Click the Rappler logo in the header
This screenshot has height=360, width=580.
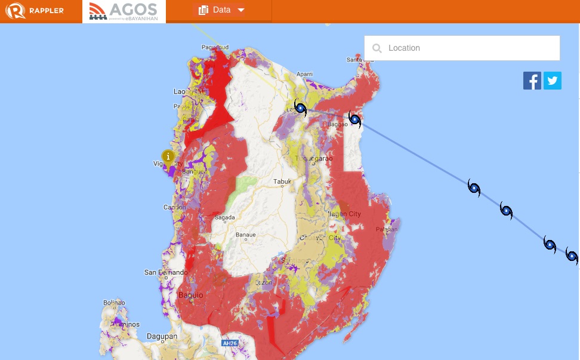[35, 11]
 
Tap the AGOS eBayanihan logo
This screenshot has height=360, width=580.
[124, 11]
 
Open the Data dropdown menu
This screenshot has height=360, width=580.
[221, 10]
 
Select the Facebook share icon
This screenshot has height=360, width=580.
[532, 81]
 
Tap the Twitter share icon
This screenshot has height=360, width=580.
[553, 81]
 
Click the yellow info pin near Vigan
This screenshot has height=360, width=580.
[168, 158]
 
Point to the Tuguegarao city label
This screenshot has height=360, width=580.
[313, 158]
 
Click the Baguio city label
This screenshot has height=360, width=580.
[191, 295]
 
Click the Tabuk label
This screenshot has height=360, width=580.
[282, 182]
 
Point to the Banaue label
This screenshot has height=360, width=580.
[245, 235]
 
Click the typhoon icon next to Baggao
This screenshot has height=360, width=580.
[355, 120]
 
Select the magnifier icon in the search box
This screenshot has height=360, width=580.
[377, 48]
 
